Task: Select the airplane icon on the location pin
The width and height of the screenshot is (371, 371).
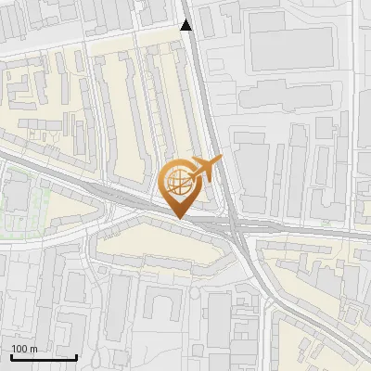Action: pyautogui.click(x=205, y=169)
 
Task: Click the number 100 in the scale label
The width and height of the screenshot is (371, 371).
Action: pyautogui.click(x=20, y=349)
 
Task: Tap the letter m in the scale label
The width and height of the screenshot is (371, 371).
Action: pyautogui.click(x=34, y=349)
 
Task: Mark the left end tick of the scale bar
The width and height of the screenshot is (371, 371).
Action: pyautogui.click(x=11, y=356)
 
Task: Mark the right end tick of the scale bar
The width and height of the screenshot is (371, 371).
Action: pyautogui.click(x=77, y=356)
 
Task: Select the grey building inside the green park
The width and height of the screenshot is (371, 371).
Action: pyautogui.click(x=19, y=195)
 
